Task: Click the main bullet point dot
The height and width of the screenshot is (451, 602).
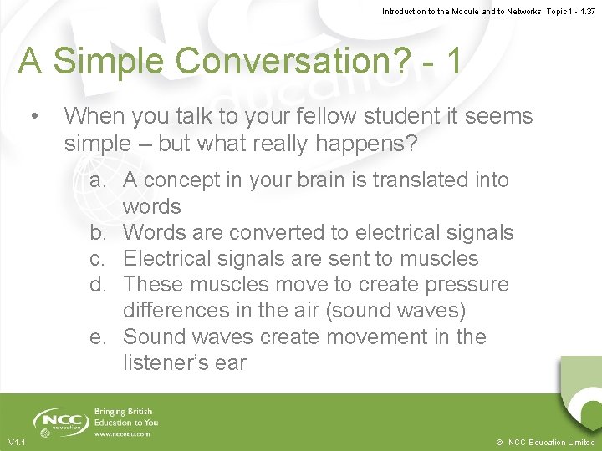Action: pos(33,115)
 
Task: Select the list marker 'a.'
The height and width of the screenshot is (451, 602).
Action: pos(103,180)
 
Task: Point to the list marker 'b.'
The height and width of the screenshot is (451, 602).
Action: pos(103,233)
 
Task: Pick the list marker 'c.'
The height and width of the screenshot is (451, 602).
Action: pos(103,259)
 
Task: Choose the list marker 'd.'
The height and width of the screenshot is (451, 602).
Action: pos(103,285)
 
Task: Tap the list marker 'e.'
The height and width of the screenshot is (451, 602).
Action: pos(103,337)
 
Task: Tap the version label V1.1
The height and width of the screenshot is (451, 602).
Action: pos(16,442)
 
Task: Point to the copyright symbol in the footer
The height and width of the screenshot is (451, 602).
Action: pos(499,442)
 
